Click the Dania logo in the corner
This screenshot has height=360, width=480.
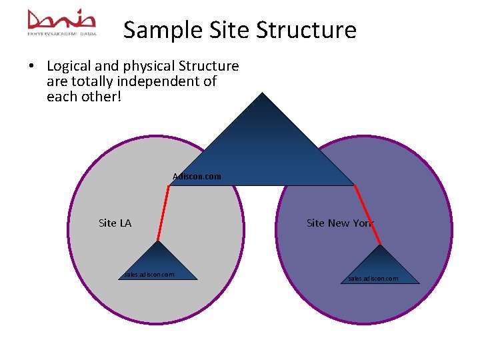point(62,21)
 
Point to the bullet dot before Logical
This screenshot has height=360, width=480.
point(31,66)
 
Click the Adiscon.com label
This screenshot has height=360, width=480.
point(197,177)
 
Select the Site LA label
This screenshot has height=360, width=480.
point(115,223)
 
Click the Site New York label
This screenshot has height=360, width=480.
point(340,223)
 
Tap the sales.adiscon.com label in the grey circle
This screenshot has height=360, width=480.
point(149,274)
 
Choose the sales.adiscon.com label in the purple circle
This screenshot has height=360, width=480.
point(373,278)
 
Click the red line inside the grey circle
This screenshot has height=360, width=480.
point(163,213)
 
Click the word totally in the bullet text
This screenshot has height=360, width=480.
point(89,81)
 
